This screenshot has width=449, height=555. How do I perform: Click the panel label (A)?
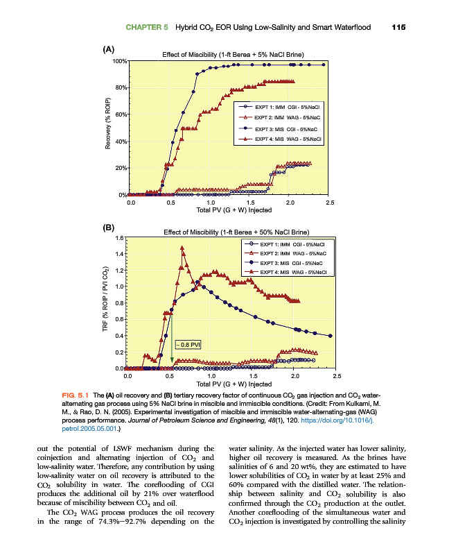[108, 49]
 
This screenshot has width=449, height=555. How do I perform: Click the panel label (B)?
[108, 227]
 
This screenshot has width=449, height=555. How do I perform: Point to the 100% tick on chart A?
[119, 61]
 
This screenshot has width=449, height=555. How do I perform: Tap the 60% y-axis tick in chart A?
[121, 114]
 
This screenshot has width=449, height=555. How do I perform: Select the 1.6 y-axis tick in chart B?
[118, 238]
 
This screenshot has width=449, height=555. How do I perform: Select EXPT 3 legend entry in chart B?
[285, 264]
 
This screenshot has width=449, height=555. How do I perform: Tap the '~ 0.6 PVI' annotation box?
[188, 343]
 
